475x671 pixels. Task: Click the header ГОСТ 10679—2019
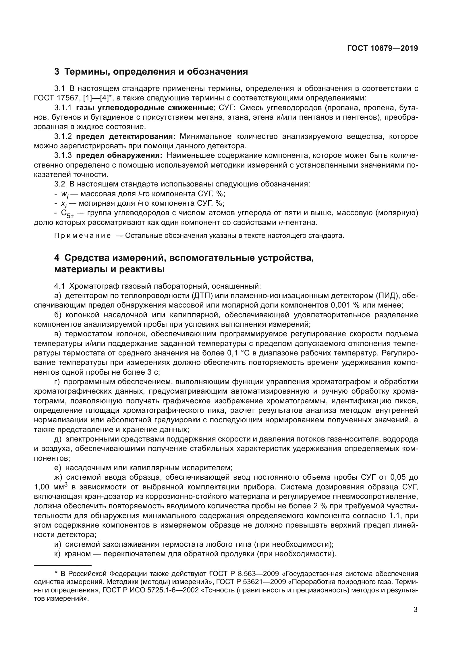(x=382, y=48)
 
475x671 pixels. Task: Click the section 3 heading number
(x=57, y=72)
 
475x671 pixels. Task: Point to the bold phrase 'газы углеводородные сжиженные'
(x=144, y=108)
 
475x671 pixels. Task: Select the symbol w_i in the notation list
(x=64, y=194)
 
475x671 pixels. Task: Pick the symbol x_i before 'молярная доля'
(x=63, y=204)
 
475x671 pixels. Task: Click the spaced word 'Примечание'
(x=82, y=236)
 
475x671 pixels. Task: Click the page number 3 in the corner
(x=415, y=610)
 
